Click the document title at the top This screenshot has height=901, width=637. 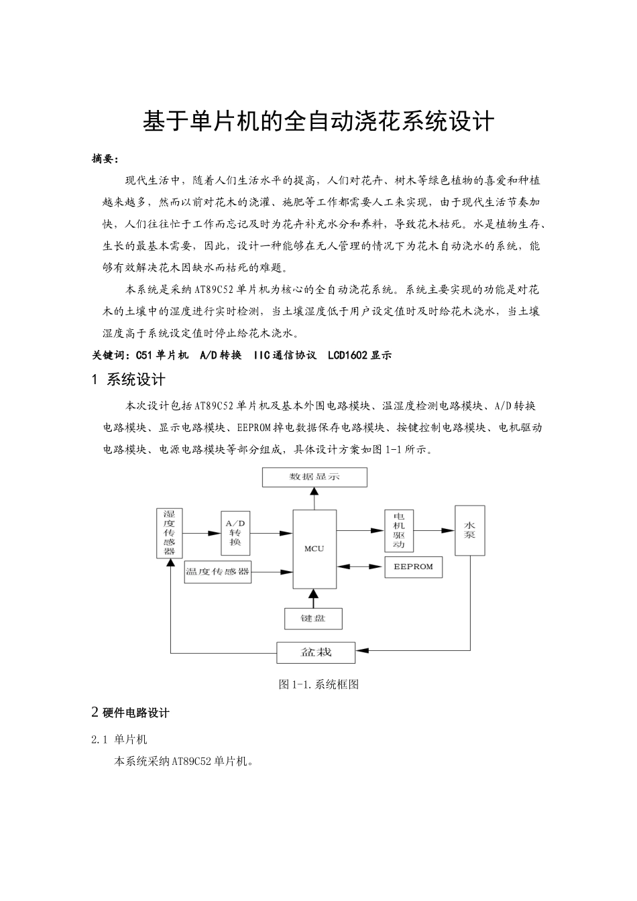click(x=318, y=121)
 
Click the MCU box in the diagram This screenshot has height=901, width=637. click(x=314, y=548)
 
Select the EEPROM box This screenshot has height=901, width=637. click(x=413, y=566)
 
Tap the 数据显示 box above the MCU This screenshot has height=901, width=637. click(x=314, y=477)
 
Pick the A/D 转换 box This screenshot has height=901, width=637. click(x=235, y=532)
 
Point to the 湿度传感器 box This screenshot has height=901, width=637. click(x=169, y=533)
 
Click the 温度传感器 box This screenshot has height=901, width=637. click(x=218, y=572)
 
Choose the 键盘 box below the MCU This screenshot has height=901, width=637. click(x=313, y=618)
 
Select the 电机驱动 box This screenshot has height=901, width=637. click(x=399, y=531)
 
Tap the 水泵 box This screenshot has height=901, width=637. click(x=469, y=530)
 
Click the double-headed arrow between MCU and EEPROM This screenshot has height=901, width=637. click(x=361, y=566)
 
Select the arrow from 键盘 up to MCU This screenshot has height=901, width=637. click(x=313, y=599)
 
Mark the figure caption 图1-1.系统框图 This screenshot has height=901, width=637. click(x=318, y=684)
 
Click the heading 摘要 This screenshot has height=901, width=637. click(x=105, y=159)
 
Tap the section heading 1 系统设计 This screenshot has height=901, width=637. click(x=128, y=380)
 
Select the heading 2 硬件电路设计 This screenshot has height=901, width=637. click(x=130, y=712)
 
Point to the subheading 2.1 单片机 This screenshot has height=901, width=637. click(x=119, y=739)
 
